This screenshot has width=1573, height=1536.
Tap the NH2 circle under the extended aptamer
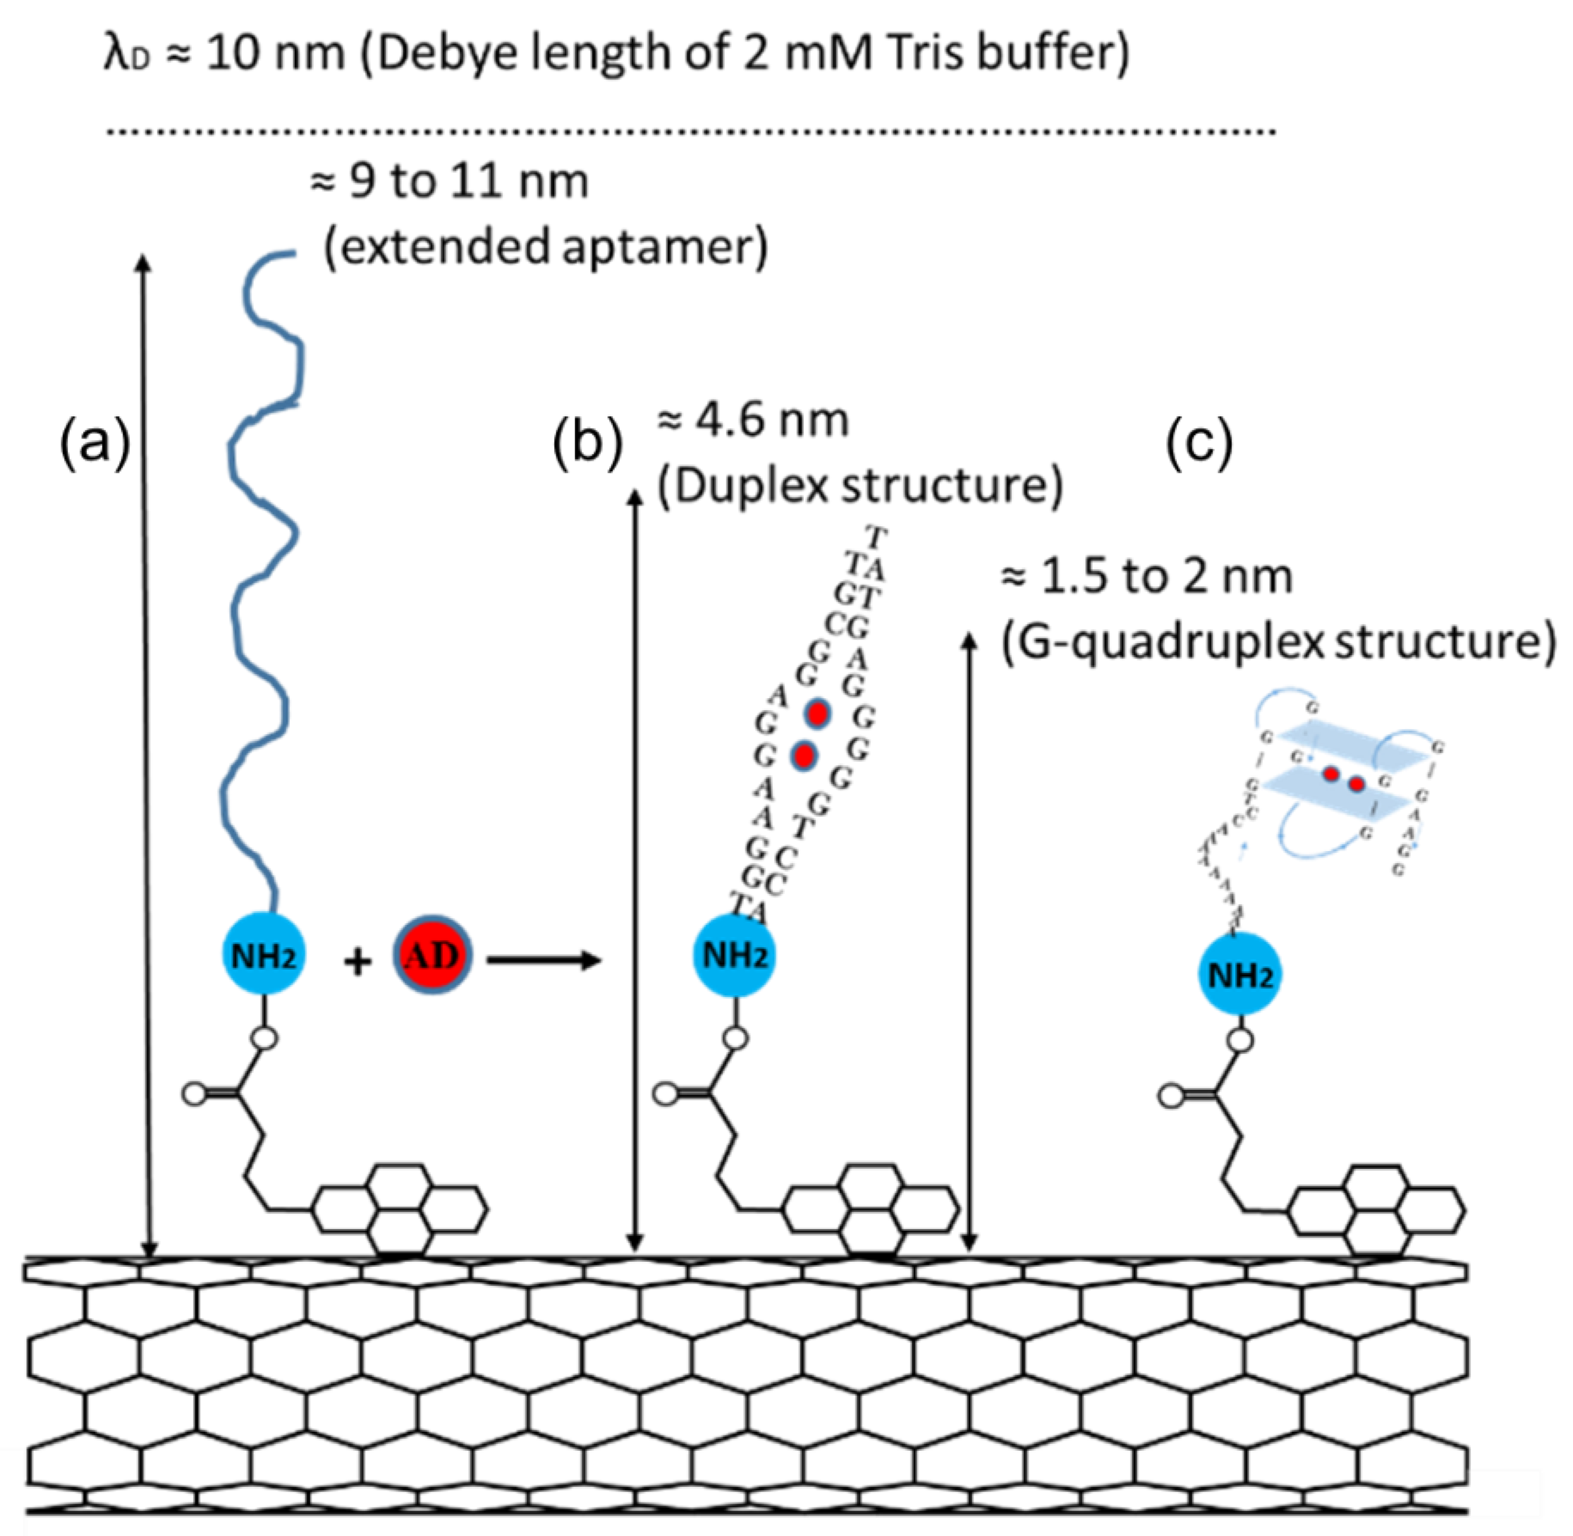[263, 955]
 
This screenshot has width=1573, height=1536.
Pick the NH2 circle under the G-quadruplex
[1240, 974]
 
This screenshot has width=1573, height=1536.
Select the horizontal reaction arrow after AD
[544, 960]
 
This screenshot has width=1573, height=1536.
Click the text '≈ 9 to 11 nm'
[450, 181]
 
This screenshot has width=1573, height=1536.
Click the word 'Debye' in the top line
[452, 53]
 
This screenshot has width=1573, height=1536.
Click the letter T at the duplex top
[876, 536]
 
